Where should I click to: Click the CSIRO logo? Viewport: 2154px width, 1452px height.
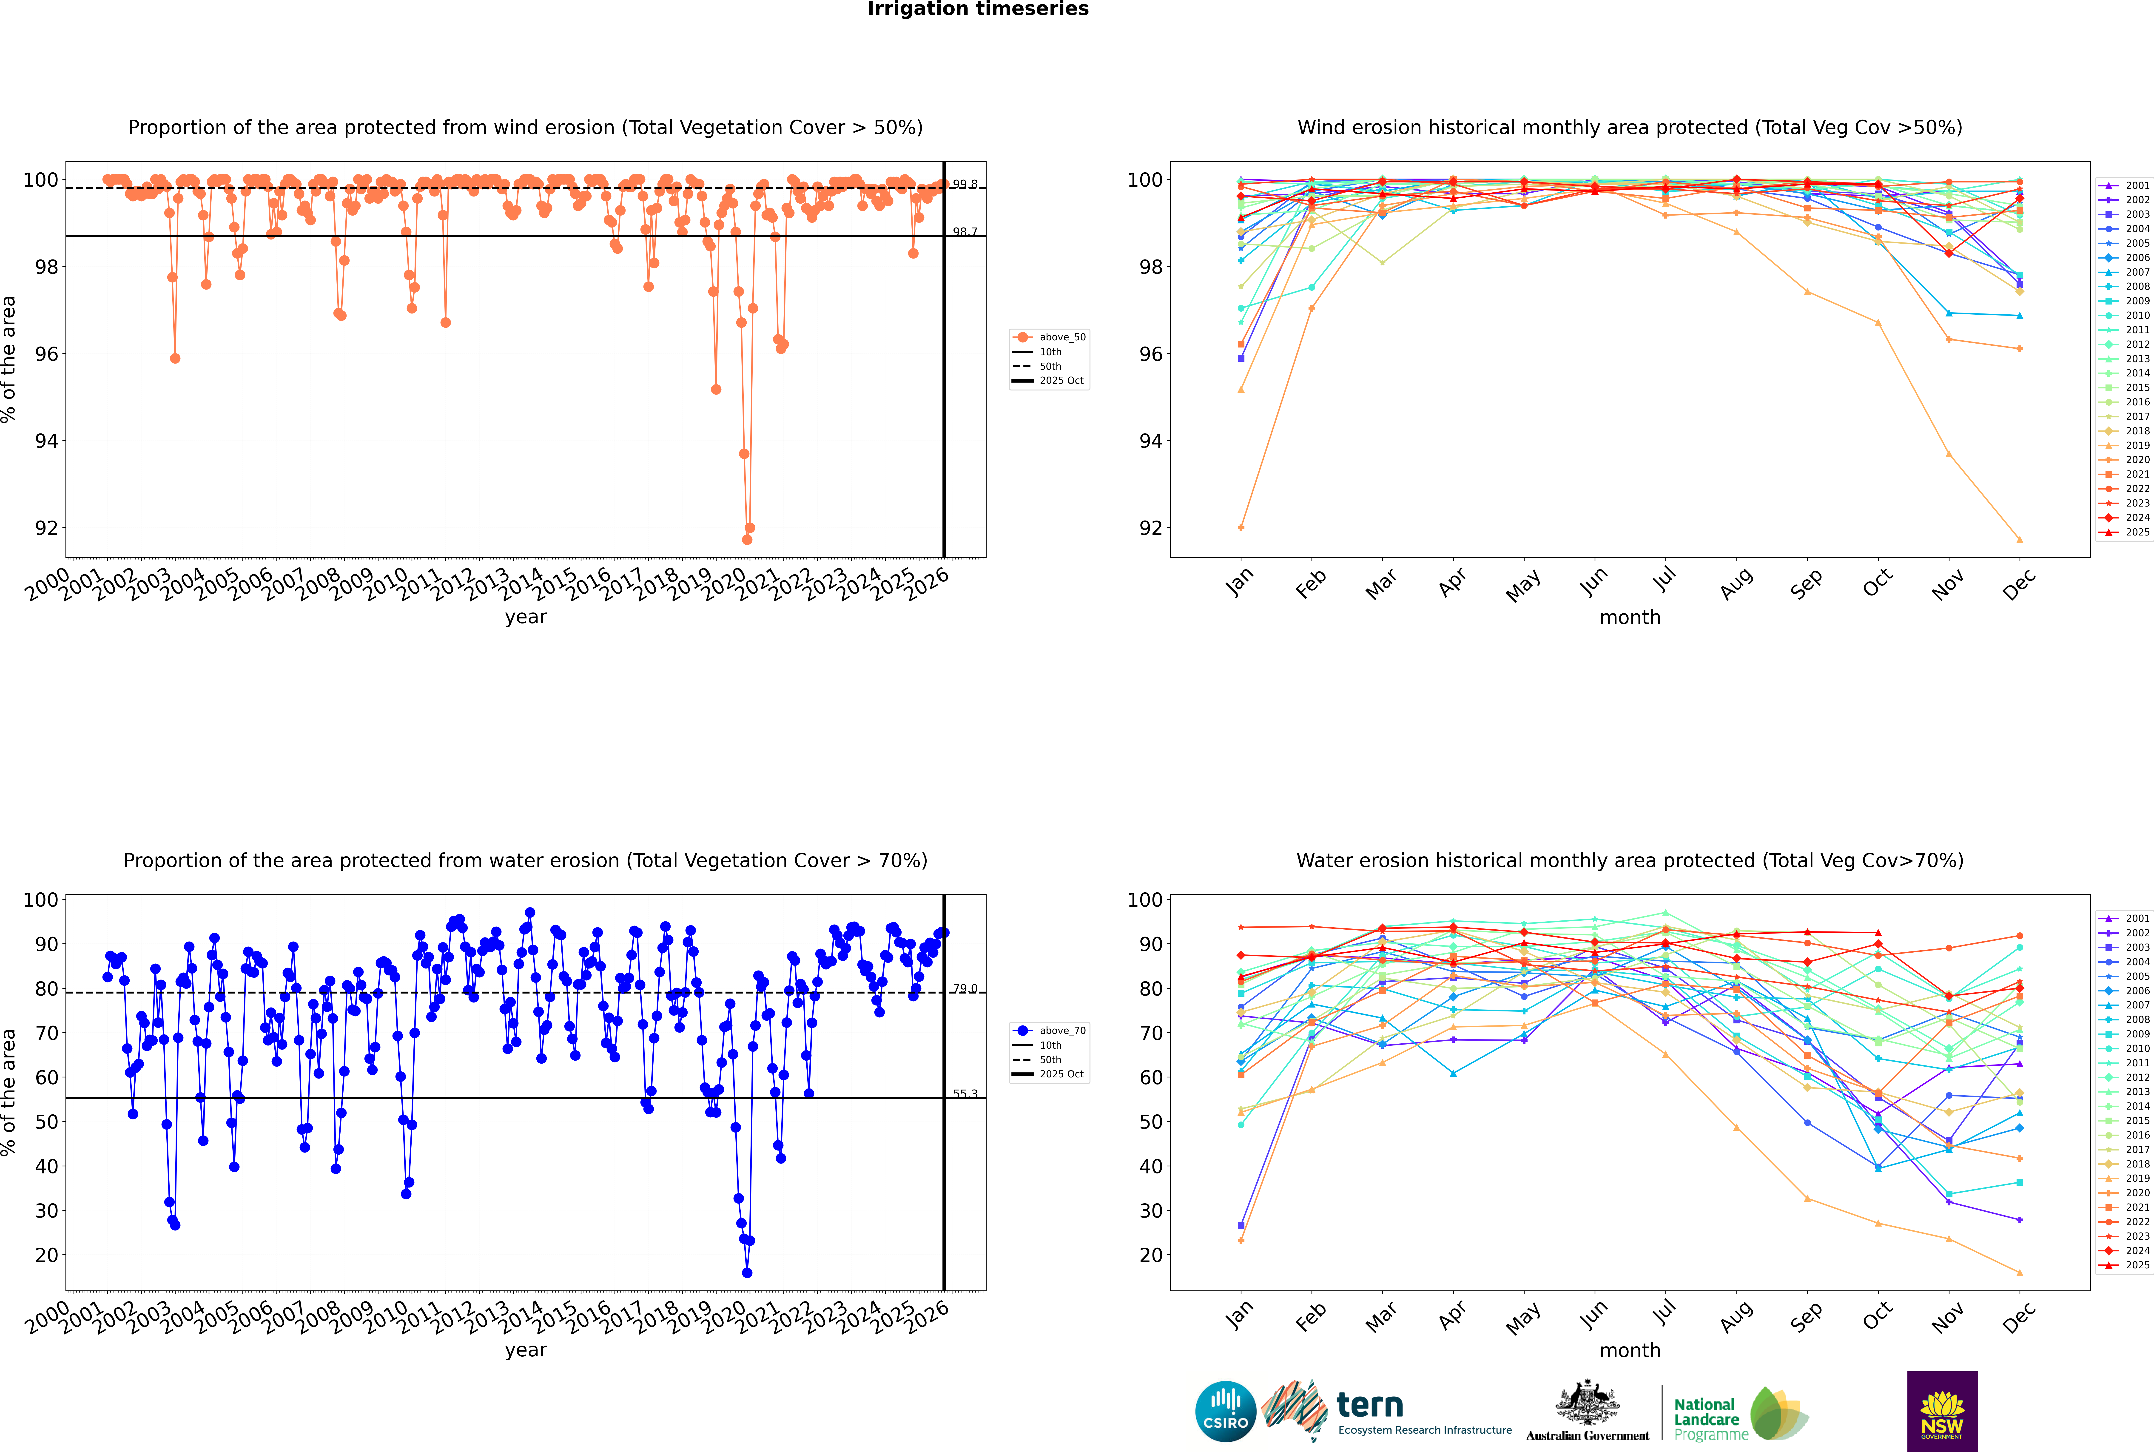(1225, 1411)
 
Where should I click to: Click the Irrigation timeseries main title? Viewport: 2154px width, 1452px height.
(978, 9)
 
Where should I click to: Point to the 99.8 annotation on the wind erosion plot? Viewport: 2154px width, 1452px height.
(965, 184)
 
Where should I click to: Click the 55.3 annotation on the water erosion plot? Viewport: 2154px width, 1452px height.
(965, 1094)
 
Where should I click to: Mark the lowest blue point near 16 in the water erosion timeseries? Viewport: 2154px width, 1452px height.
(746, 1272)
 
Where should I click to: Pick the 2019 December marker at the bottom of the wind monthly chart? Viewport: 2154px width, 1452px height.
(2020, 540)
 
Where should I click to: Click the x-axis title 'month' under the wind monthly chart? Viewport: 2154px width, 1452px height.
(1630, 618)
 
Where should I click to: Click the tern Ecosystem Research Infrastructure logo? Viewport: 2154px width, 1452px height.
(1389, 1411)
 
